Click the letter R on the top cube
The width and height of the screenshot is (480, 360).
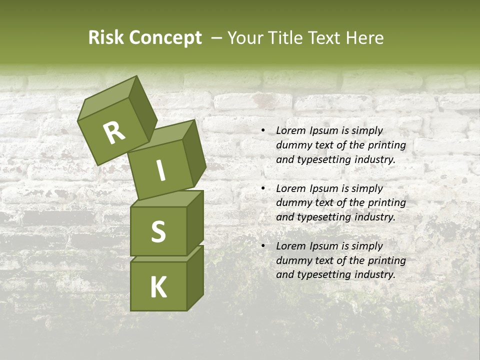(x=114, y=132)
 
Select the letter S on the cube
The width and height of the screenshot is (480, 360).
(x=158, y=231)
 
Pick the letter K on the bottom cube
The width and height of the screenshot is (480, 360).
(x=158, y=287)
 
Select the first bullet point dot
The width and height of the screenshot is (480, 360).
(x=262, y=131)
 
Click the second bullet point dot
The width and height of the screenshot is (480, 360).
(x=262, y=189)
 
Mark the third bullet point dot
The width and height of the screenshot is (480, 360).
(x=262, y=246)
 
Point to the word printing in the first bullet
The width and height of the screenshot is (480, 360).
(x=387, y=145)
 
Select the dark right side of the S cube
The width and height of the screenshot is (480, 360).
(x=195, y=222)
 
